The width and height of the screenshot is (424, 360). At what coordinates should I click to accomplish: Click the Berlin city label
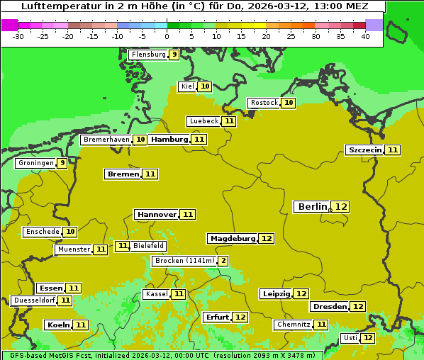[312, 206]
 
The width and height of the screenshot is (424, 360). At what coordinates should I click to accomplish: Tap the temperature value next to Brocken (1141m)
[223, 261]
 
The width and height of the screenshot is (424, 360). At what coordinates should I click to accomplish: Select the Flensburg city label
[148, 55]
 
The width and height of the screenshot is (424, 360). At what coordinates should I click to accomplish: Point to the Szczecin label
[364, 150]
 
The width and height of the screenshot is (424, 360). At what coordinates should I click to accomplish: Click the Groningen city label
[36, 163]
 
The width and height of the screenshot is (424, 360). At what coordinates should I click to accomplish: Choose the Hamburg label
[169, 140]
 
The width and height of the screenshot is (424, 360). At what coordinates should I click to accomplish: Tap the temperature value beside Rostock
[288, 103]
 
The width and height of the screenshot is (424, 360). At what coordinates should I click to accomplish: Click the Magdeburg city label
[232, 238]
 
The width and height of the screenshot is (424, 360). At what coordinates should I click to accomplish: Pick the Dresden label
[330, 307]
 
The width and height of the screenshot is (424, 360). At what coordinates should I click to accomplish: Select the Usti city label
[350, 338]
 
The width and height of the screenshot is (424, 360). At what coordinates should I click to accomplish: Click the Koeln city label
[57, 325]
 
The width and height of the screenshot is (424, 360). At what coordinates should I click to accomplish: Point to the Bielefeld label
[148, 246]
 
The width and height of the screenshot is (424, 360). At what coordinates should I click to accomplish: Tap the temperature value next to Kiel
[205, 86]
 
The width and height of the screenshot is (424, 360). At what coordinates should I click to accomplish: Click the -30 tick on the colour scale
[18, 35]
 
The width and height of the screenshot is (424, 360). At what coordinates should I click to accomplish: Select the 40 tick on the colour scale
[365, 35]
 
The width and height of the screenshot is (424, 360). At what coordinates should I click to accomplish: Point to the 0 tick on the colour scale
[167, 35]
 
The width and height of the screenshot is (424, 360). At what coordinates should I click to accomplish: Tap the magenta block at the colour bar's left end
[9, 25]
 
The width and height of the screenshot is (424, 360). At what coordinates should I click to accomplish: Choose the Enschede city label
[42, 232]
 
